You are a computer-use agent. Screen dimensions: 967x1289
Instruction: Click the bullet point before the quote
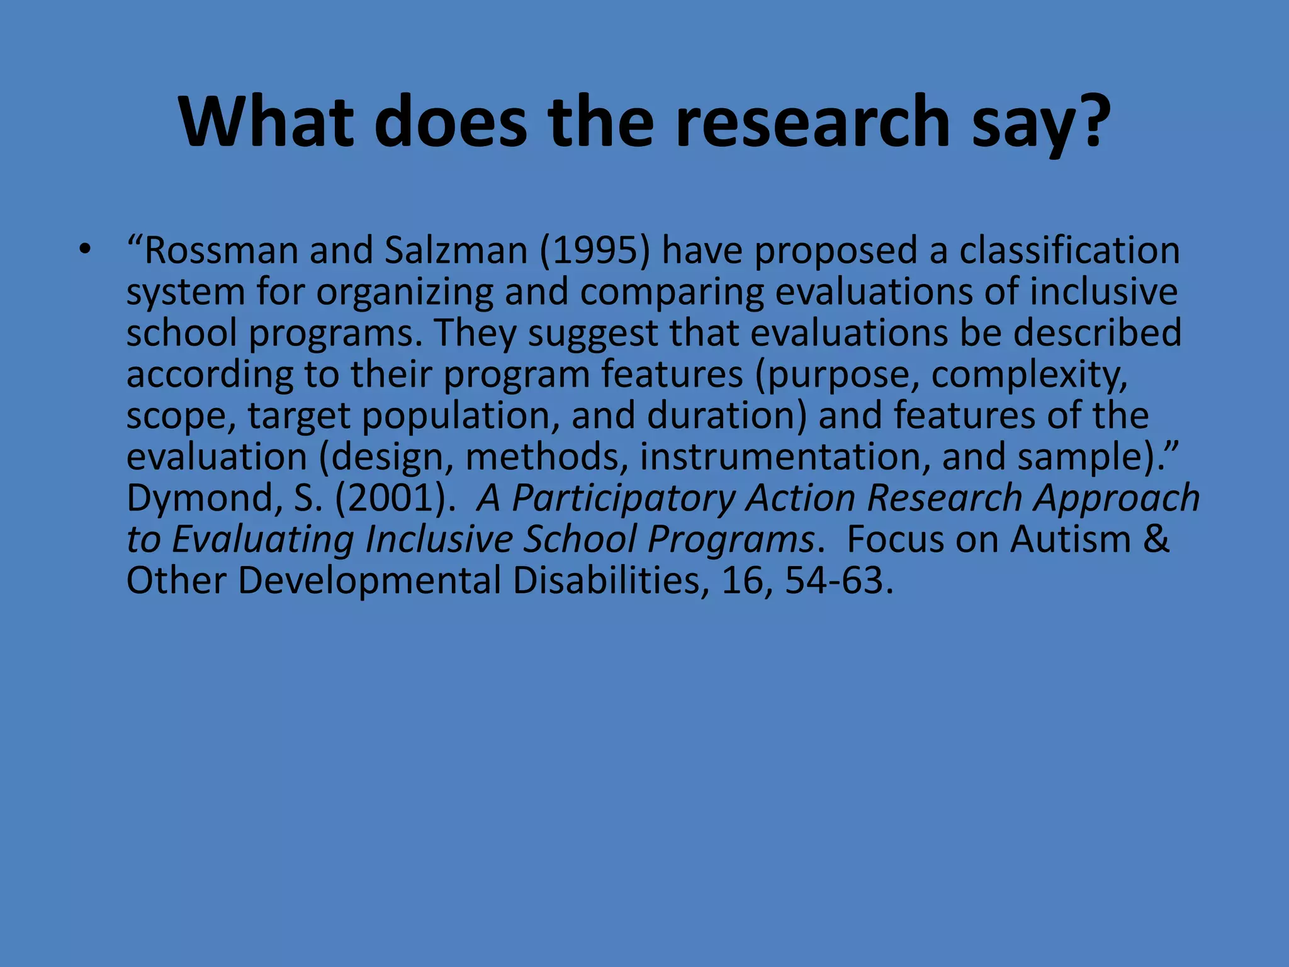pos(85,251)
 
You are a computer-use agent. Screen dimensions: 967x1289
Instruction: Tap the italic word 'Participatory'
pos(623,499)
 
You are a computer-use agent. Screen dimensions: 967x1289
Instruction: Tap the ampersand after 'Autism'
pos(1156,540)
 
